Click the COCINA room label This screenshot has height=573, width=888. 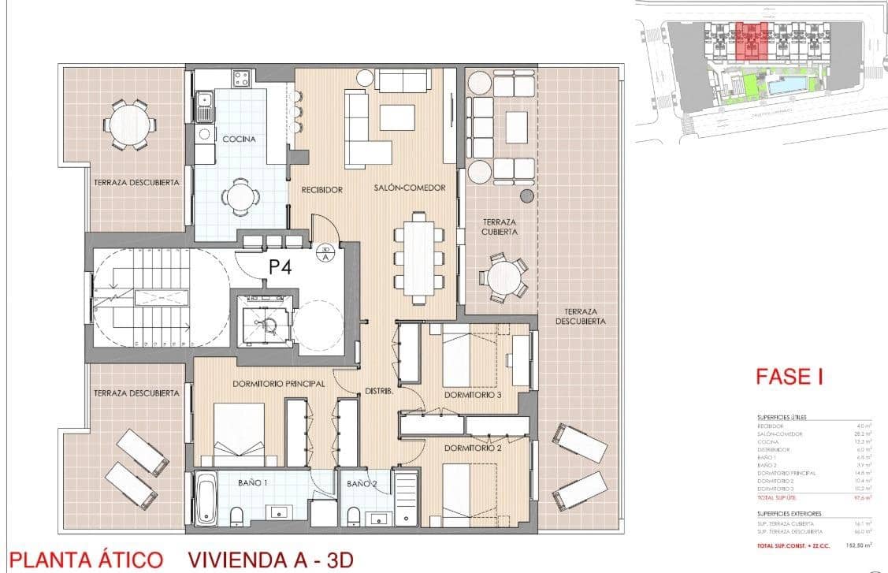238,139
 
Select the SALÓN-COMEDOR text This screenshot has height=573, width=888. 410,188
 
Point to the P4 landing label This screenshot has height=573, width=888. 281,266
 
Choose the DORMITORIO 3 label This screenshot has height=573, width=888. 473,395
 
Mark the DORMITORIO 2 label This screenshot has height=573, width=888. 473,448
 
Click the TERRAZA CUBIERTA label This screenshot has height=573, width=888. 500,227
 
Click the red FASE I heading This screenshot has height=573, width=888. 789,377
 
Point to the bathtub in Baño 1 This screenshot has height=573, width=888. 206,499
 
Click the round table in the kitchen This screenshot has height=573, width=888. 239,195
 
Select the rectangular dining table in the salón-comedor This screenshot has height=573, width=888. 418,257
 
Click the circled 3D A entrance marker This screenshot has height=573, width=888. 324,253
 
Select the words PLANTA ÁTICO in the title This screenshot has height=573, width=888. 85,560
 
